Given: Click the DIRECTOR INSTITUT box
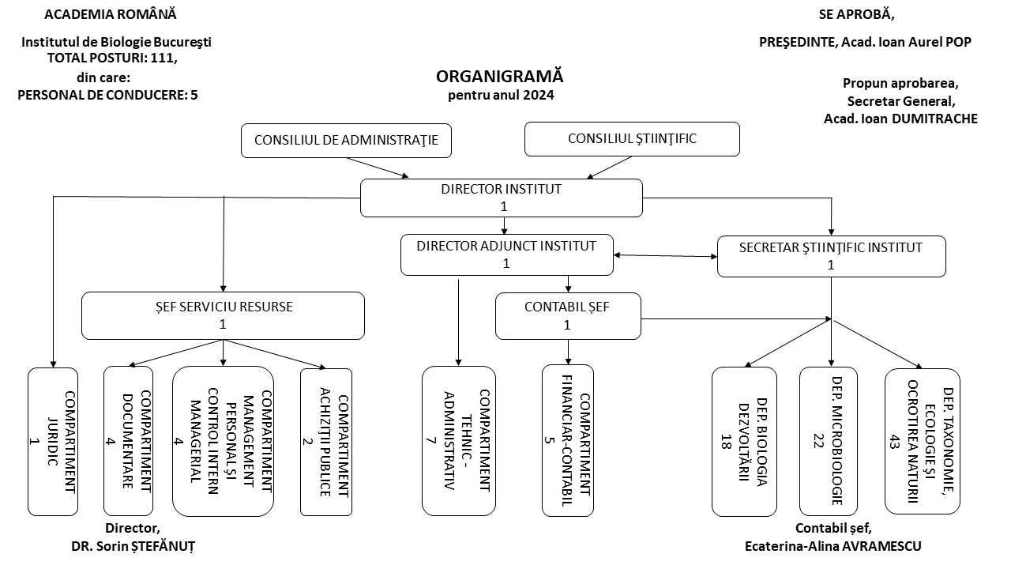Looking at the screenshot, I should click(x=502, y=198).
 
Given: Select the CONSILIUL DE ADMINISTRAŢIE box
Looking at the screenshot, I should click(x=346, y=141).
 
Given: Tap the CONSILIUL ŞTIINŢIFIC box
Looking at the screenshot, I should click(x=632, y=139).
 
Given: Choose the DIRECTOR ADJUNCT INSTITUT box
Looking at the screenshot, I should click(x=506, y=254).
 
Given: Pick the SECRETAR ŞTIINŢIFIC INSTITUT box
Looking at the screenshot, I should click(x=831, y=256).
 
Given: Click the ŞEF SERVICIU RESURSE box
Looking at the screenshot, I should click(x=223, y=315).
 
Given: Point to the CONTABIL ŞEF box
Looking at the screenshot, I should click(x=567, y=315).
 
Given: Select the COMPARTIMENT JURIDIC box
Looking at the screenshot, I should click(x=53, y=441).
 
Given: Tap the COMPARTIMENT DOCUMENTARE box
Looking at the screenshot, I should click(x=128, y=440).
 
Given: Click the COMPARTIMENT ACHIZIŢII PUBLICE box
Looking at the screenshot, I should click(x=325, y=442).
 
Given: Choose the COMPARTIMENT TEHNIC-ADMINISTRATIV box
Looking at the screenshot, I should click(x=458, y=440).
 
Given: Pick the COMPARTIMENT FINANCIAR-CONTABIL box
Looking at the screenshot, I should click(x=567, y=441).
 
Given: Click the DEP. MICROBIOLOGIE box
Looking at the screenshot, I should click(x=828, y=441).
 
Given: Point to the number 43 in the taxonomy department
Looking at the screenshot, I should click(x=895, y=441).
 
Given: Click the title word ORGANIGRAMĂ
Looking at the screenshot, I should click(x=500, y=77).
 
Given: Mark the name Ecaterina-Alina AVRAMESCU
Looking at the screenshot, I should click(x=832, y=546).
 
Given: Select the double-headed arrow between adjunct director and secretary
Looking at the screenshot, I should click(x=665, y=255).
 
